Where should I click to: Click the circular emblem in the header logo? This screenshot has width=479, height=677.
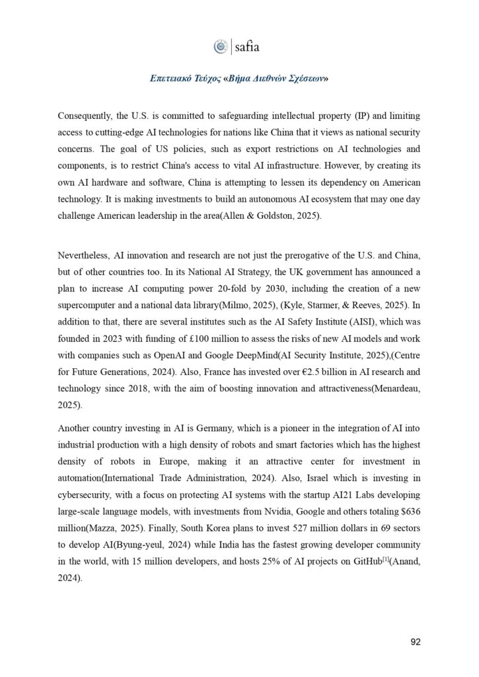221,46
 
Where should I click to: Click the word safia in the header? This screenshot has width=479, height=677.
247,46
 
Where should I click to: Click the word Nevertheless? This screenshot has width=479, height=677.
83,255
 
